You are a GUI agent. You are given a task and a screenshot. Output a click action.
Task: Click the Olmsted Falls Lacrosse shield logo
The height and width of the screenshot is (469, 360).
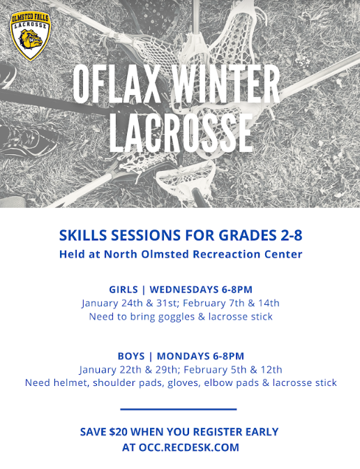click(x=31, y=36)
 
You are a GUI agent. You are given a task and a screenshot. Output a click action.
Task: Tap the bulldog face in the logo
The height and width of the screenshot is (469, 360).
click(x=31, y=39)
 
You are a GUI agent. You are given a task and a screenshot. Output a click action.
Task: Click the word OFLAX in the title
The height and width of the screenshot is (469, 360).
click(x=117, y=84)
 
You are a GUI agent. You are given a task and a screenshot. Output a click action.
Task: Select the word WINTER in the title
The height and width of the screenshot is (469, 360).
click(x=226, y=84)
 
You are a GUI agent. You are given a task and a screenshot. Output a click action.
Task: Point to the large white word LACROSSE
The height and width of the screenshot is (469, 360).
click(x=181, y=132)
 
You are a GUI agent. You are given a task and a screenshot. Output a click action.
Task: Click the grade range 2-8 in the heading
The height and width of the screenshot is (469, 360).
click(x=292, y=235)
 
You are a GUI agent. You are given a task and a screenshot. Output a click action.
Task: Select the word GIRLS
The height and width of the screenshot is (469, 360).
click(x=123, y=290)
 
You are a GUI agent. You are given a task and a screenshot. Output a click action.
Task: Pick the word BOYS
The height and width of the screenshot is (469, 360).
click(x=131, y=356)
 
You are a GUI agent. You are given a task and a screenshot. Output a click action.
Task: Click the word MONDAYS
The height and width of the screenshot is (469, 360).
click(x=183, y=356)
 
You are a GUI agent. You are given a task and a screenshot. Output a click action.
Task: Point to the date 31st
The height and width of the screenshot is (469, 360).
click(x=167, y=303)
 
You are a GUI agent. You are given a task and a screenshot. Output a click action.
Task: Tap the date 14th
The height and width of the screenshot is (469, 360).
click(x=269, y=303)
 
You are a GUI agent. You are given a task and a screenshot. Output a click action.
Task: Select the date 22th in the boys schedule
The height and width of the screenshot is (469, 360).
click(x=130, y=370)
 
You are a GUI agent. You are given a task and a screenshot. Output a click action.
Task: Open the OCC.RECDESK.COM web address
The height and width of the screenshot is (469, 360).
click(x=189, y=447)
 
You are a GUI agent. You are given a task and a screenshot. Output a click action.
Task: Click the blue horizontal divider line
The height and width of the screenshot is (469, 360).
click(x=179, y=409)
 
